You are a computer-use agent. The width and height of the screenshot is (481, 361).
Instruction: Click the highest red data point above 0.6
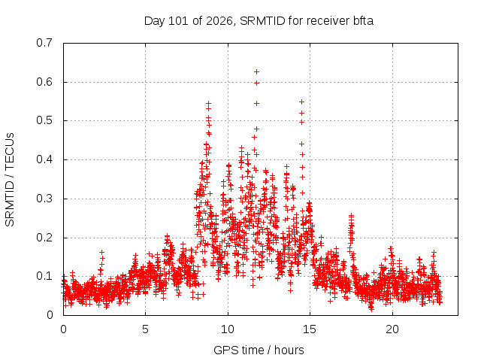256,72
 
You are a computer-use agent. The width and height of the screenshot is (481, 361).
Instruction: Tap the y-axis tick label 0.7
44,43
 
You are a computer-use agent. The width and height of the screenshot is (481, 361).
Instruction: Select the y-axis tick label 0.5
44,120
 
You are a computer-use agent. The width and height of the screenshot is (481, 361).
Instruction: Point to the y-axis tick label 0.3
44,199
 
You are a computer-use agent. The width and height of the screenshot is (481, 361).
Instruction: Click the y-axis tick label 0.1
44,276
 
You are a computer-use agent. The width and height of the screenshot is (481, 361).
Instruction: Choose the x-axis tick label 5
145,329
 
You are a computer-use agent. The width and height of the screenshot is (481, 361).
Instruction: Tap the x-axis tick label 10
227,329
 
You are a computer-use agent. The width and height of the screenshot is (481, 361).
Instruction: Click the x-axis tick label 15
310,329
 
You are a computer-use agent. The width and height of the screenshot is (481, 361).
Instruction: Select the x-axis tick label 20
392,329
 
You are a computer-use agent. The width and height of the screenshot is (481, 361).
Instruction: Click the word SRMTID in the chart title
262,21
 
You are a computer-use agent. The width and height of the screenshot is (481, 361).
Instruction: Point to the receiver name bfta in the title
363,21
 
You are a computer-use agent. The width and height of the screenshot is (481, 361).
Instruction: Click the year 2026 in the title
219,21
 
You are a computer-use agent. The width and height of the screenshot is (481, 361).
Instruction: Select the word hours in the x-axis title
289,350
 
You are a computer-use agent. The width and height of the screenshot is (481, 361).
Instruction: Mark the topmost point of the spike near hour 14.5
301,102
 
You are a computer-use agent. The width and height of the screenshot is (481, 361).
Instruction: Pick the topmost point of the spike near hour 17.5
351,216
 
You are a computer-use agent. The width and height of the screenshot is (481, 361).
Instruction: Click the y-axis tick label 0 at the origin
50,315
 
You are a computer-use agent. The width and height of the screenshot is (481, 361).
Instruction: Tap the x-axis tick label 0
63,329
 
